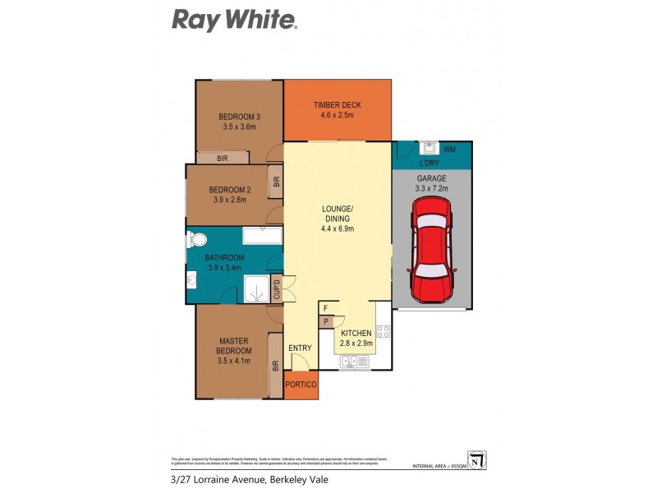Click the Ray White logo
tap(234, 20)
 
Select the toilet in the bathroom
tap(196, 241)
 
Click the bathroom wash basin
tap(191, 282)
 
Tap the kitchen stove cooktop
tap(383, 332)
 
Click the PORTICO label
tap(301, 385)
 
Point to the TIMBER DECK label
tap(337, 105)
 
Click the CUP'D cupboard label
tap(277, 288)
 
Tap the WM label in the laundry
tap(449, 150)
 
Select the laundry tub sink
tap(428, 149)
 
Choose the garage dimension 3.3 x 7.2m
tap(431, 188)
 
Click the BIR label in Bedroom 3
tap(222, 158)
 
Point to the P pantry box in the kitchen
tap(326, 321)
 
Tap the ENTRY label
tap(300, 348)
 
